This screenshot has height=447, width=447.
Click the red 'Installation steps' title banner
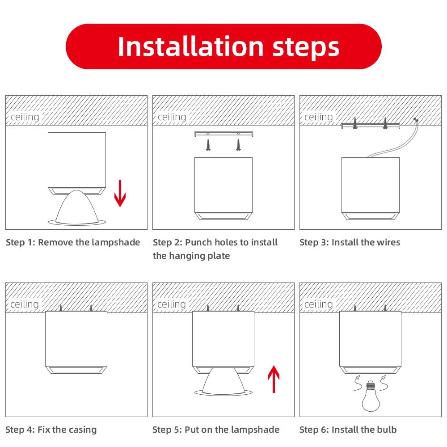pos(223,46)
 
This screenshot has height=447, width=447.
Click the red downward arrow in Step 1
pos(120,193)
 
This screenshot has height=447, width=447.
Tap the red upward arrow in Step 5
pos(274,379)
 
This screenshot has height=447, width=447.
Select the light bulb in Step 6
pos(371,396)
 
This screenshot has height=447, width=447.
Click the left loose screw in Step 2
pos(208,145)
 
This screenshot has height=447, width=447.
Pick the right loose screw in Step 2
pos(238,145)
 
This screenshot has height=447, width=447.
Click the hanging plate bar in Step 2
pos(223,134)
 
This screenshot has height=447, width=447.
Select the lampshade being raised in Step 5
pos(223,382)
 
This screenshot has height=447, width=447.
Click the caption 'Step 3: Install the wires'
pos(350,242)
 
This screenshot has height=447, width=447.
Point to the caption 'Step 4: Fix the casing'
pos(51,430)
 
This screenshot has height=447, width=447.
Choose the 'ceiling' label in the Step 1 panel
pos(25,117)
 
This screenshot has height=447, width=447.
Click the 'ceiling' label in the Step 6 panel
pos(319,304)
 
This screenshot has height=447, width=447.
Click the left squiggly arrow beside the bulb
pos(358,384)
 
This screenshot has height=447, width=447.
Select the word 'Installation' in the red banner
pos(190,46)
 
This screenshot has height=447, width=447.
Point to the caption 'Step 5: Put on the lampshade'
pos(216,430)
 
